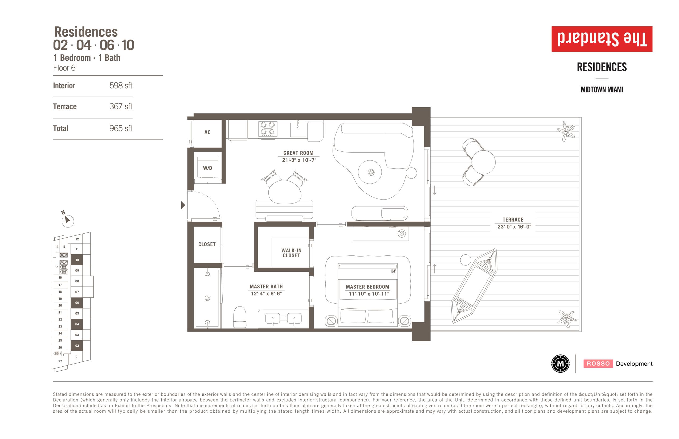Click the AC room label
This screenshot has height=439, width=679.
click(207, 132)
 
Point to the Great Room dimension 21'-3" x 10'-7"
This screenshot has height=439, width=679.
click(299, 160)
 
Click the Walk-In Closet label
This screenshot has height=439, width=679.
click(291, 253)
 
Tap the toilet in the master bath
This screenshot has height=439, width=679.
click(240, 317)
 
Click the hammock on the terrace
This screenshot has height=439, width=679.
click(474, 286)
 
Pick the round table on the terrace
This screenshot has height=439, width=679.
click(483, 162)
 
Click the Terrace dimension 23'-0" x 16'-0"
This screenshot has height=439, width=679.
click(514, 227)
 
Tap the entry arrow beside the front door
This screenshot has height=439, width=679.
click(183, 205)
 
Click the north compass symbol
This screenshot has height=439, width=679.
click(67, 219)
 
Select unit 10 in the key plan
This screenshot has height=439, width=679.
click(77, 260)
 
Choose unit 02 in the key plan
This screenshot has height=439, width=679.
click(77, 346)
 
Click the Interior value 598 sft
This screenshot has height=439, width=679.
click(121, 85)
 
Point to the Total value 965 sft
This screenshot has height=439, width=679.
click(121, 128)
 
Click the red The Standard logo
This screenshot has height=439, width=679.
click(602, 39)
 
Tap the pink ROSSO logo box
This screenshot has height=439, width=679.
click(598, 363)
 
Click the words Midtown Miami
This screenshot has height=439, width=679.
click(602, 90)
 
